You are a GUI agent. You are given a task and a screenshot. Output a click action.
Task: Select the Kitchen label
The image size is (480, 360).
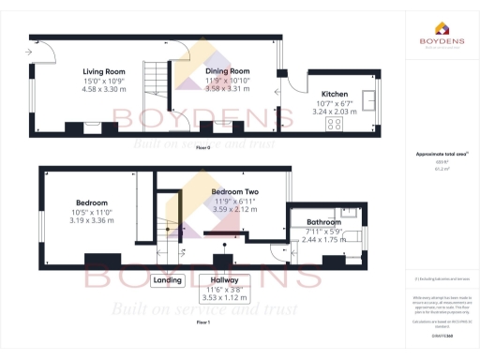pyautogui.click(x=336, y=95)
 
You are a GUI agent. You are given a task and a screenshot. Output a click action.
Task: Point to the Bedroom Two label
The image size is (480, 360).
pyautogui.click(x=234, y=191)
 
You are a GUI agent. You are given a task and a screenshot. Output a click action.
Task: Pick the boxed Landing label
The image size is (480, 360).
pyautogui.click(x=167, y=280)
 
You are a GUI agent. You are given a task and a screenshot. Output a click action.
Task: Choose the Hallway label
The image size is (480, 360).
pyautogui.click(x=224, y=280)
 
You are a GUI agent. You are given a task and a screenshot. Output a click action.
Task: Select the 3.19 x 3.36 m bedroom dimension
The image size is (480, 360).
pyautogui.click(x=92, y=220)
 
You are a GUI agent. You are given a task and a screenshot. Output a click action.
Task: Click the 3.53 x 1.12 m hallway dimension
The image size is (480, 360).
pyautogui.click(x=224, y=298)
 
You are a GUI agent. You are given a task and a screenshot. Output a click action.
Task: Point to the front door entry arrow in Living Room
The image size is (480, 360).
pyautogui.click(x=32, y=52)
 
